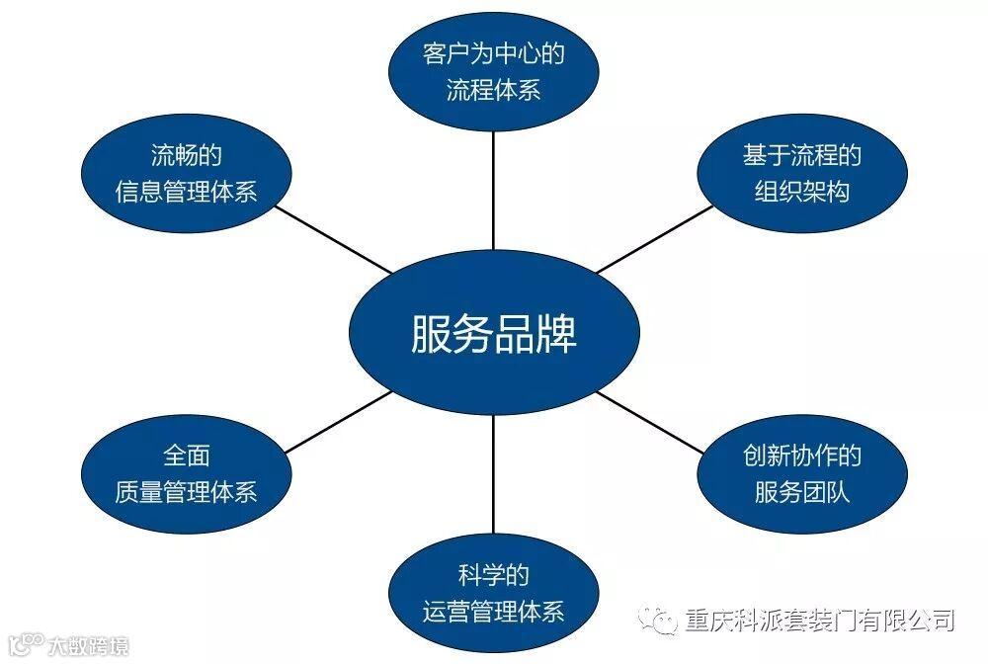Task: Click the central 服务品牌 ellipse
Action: (493, 335)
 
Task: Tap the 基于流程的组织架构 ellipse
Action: (801, 173)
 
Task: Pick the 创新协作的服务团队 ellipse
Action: (801, 472)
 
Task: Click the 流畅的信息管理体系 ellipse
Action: (186, 173)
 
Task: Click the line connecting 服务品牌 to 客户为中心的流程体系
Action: (493, 193)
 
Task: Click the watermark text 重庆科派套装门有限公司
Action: (819, 622)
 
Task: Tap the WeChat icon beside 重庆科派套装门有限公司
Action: (658, 621)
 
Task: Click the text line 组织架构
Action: (801, 191)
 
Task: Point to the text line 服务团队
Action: (801, 491)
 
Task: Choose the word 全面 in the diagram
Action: (186, 456)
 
